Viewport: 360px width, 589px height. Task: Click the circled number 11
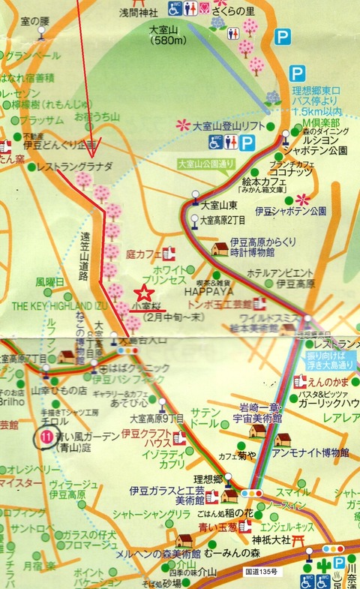pyautogui.click(x=45, y=435)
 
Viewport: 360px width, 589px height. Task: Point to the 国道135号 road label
pyautogui.click(x=263, y=571)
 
